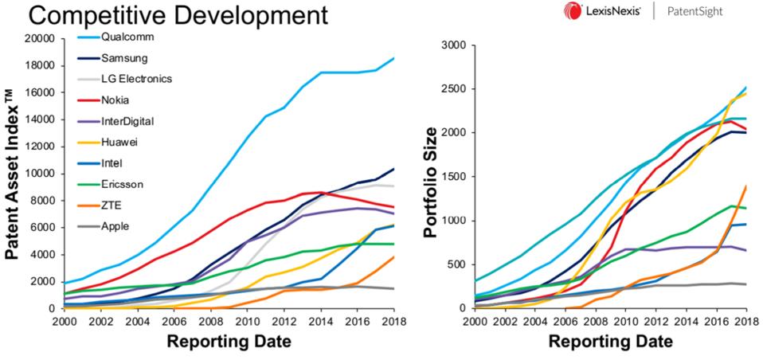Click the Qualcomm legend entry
point(127,37)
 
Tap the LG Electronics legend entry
point(136,79)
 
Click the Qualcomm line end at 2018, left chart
point(393,58)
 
